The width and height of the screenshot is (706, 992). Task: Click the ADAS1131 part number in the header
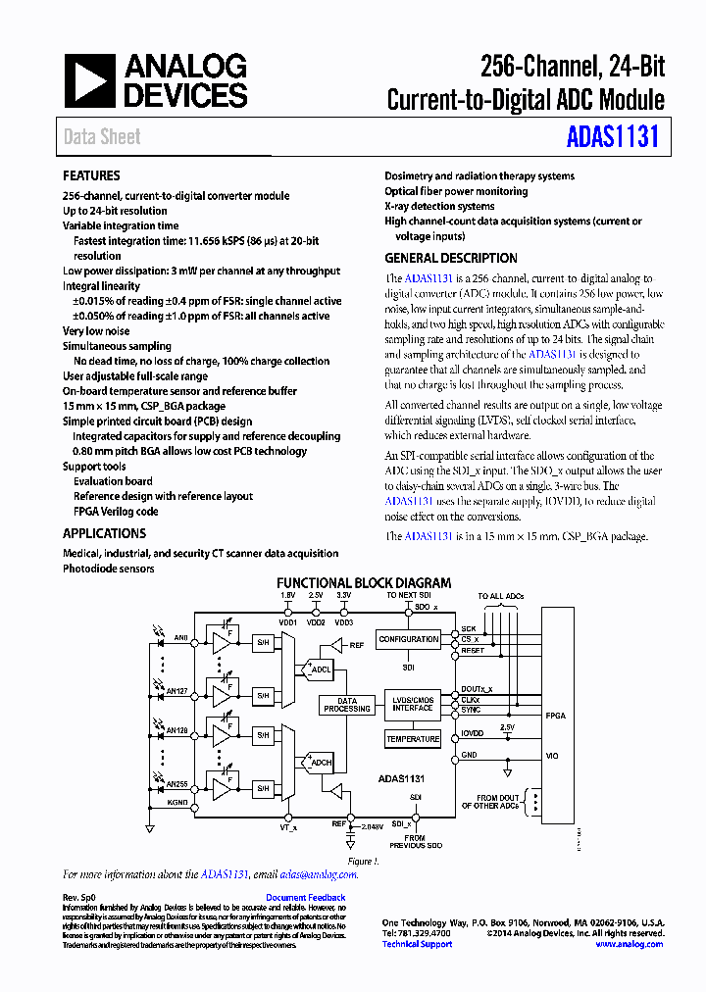[612, 136]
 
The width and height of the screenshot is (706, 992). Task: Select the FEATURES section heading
[91, 175]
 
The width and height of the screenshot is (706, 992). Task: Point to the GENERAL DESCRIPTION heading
[450, 258]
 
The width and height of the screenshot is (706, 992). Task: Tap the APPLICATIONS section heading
[104, 533]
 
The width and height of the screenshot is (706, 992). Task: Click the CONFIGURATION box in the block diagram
[409, 639]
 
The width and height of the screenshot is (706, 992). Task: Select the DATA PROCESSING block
[347, 705]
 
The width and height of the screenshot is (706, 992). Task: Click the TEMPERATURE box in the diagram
[413, 739]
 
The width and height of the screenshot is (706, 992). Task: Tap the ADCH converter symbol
[321, 762]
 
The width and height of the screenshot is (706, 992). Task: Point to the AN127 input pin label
[176, 690]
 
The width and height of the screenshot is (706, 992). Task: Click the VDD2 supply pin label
[316, 622]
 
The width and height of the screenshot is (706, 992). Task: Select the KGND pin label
[176, 803]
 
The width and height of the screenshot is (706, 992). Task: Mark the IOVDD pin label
[473, 733]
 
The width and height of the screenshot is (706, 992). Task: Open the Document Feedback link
[305, 898]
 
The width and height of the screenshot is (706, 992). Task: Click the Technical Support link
[417, 944]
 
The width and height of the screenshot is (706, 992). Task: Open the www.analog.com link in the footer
[629, 944]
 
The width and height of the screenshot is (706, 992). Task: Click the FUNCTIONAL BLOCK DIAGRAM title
[364, 582]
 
